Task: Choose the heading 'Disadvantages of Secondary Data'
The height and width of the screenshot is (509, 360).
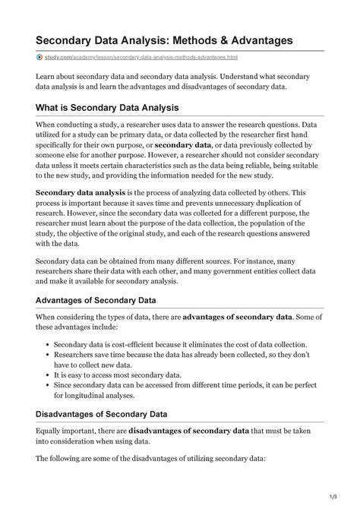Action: point(110,414)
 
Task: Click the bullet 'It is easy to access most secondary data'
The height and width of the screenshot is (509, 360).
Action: point(118,375)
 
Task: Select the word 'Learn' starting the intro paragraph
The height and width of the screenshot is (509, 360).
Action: point(48,77)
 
